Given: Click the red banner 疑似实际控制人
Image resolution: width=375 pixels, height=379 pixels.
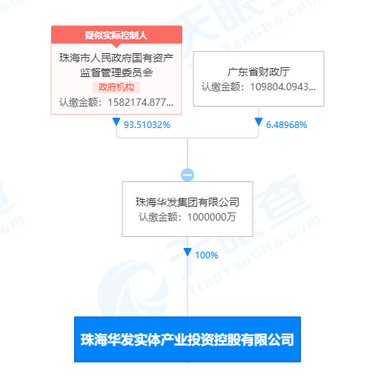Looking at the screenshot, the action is coord(116,35).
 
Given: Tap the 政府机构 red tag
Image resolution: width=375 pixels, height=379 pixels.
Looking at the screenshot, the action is coord(116,87).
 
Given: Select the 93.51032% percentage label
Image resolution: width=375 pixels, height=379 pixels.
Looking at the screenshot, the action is coord(147,125).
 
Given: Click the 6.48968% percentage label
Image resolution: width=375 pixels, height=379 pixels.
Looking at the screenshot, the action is coord(286,125).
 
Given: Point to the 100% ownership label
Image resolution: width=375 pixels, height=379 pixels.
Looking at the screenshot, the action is coord(207,255).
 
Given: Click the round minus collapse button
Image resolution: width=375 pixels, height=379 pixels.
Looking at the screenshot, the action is coord(187,175).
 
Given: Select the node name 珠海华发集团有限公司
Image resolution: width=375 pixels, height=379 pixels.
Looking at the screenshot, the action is coord(187,202).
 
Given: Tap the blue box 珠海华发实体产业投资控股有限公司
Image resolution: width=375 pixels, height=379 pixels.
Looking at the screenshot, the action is coord(187,340).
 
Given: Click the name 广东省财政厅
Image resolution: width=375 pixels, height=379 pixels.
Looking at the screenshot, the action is coord(259,72).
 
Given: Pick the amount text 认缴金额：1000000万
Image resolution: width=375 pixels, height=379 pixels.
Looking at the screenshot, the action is coord(187,217).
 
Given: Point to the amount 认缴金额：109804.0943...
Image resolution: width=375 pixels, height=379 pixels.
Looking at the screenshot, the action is coord(259,87).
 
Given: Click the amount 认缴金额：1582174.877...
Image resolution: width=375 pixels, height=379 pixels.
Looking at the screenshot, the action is coord(116,102).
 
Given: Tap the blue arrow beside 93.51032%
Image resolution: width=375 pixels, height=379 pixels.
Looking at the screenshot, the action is coord(116,121).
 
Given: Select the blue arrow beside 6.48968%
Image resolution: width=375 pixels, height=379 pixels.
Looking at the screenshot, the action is coord(259,121).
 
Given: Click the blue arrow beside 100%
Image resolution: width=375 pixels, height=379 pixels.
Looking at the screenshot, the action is coord(187,252).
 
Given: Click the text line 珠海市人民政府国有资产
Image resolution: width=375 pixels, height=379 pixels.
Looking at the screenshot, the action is coord(116,58).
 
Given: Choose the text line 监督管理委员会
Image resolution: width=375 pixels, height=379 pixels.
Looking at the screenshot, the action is coord(116,73).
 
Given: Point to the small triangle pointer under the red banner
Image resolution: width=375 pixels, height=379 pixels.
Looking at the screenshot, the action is coord(116,46).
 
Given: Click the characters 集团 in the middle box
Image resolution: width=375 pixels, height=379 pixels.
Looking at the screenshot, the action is coord(187,202).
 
